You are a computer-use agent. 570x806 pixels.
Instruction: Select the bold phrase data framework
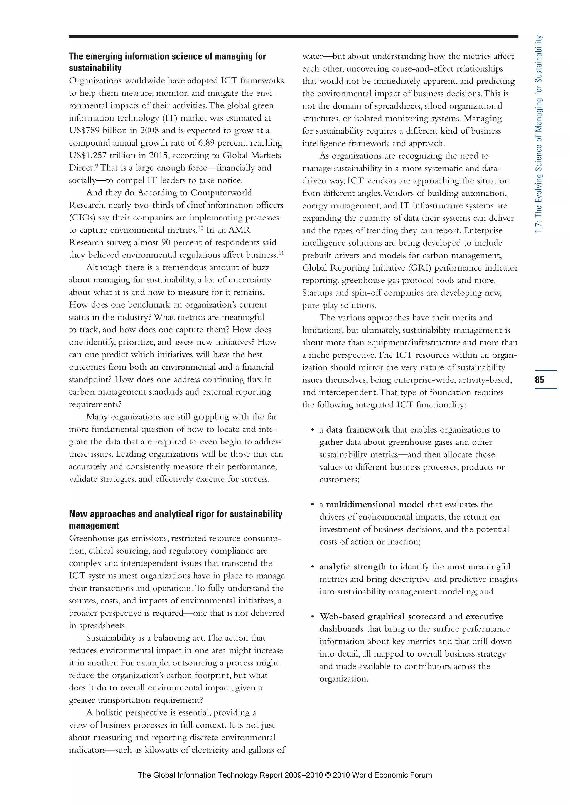tap(358, 430)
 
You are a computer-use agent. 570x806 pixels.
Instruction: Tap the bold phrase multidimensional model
tap(375, 505)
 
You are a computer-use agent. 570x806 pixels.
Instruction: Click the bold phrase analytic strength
tap(352, 567)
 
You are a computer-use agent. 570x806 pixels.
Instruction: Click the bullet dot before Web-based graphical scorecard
tap(312, 617)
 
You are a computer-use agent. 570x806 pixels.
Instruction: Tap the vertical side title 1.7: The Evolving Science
tap(539, 133)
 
